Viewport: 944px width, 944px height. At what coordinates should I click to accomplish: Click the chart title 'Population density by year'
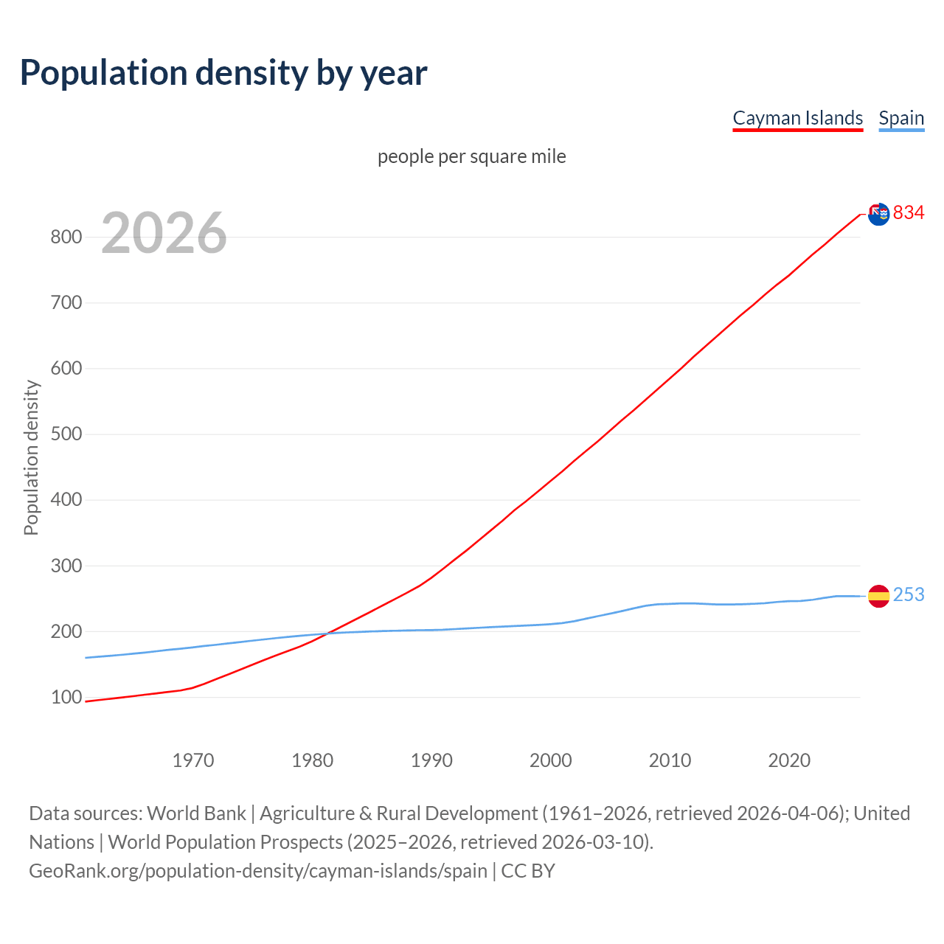click(223, 73)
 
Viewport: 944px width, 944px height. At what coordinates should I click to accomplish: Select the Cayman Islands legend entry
click(797, 118)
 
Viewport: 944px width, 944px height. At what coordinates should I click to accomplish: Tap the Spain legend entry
click(901, 118)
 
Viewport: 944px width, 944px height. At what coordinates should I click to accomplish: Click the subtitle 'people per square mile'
click(471, 156)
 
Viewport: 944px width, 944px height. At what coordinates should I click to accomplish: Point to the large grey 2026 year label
click(164, 233)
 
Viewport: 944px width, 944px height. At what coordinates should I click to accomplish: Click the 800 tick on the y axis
click(66, 237)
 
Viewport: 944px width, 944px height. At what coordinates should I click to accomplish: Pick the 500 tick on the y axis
click(66, 434)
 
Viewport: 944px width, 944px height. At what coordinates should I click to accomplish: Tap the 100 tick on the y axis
click(66, 697)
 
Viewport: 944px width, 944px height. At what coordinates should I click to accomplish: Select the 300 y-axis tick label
click(66, 566)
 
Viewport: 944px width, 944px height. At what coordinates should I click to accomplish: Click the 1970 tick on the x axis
click(193, 760)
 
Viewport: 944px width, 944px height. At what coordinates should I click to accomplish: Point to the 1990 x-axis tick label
click(431, 760)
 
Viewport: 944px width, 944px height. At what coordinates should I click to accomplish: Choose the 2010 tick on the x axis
click(670, 760)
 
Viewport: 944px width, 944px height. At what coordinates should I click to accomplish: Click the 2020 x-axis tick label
click(789, 760)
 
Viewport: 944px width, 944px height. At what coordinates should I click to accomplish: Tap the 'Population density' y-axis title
click(31, 457)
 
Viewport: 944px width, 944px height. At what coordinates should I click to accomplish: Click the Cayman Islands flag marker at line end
click(878, 214)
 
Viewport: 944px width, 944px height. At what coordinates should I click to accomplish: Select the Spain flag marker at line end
click(878, 595)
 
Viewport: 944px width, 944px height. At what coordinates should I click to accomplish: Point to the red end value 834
click(909, 213)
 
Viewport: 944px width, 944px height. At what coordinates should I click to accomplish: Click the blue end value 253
click(909, 594)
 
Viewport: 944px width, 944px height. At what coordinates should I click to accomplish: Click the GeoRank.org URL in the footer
click(258, 871)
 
